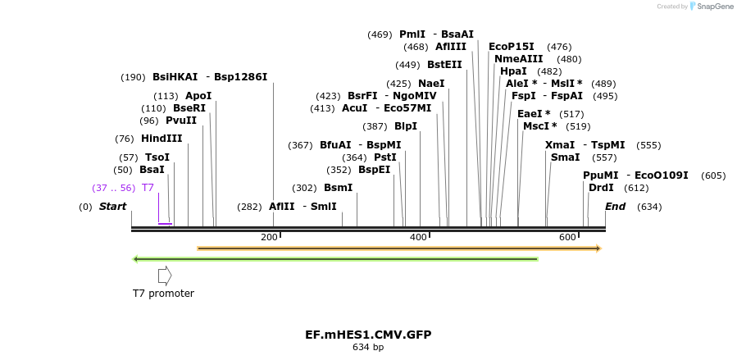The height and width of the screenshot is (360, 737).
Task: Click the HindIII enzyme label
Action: coord(162,138)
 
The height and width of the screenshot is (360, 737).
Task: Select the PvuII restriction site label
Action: coord(181,121)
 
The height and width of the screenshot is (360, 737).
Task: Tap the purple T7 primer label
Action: coord(148,188)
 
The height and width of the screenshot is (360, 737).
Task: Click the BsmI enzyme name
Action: coord(338,188)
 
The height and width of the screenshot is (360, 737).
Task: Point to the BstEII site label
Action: coord(444,65)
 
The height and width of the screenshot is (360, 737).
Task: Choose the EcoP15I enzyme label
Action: coord(511,47)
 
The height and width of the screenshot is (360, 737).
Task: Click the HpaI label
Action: coord(513,71)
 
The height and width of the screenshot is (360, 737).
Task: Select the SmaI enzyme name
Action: coord(565,157)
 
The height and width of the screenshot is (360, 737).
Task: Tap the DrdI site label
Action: coord(601,188)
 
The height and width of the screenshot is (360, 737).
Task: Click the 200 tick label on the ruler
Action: coord(269,237)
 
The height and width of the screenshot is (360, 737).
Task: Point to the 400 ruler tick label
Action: coord(418,237)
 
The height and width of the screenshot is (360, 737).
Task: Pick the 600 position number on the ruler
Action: coord(567,237)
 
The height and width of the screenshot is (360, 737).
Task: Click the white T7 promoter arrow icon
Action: coord(165,276)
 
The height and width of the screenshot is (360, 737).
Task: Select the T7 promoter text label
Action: coord(163,293)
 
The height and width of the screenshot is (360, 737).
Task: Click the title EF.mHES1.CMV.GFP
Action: coord(368,335)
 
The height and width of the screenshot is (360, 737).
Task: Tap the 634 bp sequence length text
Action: coord(368,348)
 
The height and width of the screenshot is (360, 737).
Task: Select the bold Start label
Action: coord(112,207)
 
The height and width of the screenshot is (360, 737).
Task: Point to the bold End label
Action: coord(615,207)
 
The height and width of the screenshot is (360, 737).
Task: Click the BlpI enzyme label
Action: coord(405,126)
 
